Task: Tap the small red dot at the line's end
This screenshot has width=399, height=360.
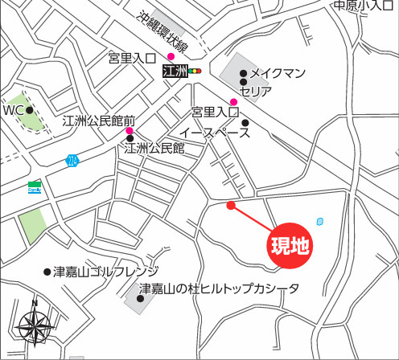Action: pyautogui.click(x=231, y=205)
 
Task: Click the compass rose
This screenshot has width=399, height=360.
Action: pyautogui.click(x=35, y=325)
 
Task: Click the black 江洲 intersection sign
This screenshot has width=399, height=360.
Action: pyautogui.click(x=174, y=72)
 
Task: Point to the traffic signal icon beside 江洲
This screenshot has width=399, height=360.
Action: pyautogui.click(x=194, y=72)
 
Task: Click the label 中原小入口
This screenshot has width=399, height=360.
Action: pyautogui.click(x=365, y=6)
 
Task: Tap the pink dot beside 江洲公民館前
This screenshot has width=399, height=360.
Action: pyautogui.click(x=130, y=131)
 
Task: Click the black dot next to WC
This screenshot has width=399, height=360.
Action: pyautogui.click(x=30, y=110)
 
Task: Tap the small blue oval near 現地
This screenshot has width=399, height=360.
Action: pyautogui.click(x=321, y=221)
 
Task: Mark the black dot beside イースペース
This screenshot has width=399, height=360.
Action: pyautogui.click(x=245, y=123)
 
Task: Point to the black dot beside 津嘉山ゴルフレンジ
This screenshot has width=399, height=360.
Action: pyautogui.click(x=47, y=272)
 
